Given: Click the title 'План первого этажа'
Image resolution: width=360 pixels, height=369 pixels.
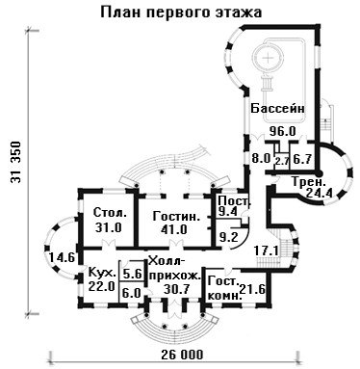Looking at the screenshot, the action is [181, 12].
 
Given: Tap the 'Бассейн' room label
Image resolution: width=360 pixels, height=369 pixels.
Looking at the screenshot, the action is [277, 108].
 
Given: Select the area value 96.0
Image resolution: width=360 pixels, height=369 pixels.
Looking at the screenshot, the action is [282, 131].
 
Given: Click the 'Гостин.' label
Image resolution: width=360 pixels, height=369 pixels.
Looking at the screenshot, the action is [176, 216].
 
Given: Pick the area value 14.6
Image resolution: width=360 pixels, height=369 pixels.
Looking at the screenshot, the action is [62, 257].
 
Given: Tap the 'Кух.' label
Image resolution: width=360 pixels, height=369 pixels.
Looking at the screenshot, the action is [102, 274].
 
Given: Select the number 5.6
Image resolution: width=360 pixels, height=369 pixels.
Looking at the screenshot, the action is [132, 274].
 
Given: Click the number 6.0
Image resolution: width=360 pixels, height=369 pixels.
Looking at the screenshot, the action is [132, 293].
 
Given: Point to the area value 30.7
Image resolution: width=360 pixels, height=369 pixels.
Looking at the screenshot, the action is [177, 290].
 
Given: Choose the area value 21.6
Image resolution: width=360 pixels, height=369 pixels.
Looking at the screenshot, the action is [252, 290].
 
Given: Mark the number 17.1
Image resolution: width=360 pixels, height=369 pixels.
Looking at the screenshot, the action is [267, 250].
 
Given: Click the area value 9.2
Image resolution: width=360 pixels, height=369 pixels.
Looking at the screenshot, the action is [228, 237].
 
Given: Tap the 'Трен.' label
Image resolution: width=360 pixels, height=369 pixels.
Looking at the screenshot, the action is [309, 182].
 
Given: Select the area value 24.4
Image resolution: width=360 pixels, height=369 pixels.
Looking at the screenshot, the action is [319, 193].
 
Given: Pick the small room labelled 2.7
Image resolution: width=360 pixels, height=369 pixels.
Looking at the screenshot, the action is [282, 160].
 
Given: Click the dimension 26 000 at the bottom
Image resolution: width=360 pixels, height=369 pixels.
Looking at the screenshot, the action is [182, 355].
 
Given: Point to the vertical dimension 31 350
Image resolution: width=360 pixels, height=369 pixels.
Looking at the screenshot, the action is [16, 162].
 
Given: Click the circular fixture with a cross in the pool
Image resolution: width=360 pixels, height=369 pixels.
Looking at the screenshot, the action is [268, 58].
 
